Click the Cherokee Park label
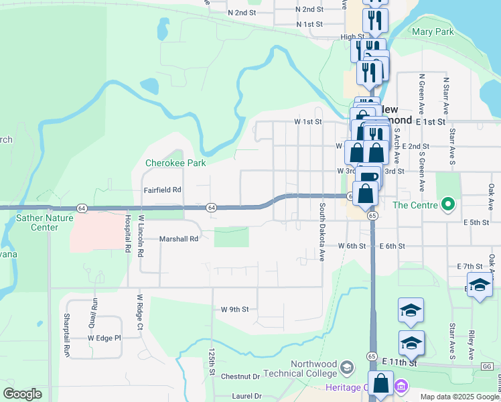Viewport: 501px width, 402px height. tap(175, 163)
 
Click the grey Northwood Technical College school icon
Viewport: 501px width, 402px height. tap(346, 367)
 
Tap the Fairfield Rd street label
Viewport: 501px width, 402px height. tap(163, 190)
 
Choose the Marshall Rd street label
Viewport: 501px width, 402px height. tap(179, 239)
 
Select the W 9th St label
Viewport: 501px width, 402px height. tap(235, 310)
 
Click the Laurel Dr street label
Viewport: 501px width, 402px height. tap(246, 396)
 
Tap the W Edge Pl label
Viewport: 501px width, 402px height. tap(104, 338)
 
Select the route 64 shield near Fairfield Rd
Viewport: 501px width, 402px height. tap(211, 208)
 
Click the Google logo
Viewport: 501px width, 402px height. tap(22, 394)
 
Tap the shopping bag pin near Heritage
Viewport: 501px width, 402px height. tap(381, 385)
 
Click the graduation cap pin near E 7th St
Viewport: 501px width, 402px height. tap(480, 286)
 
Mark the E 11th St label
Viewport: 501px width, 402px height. tap(400, 362)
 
